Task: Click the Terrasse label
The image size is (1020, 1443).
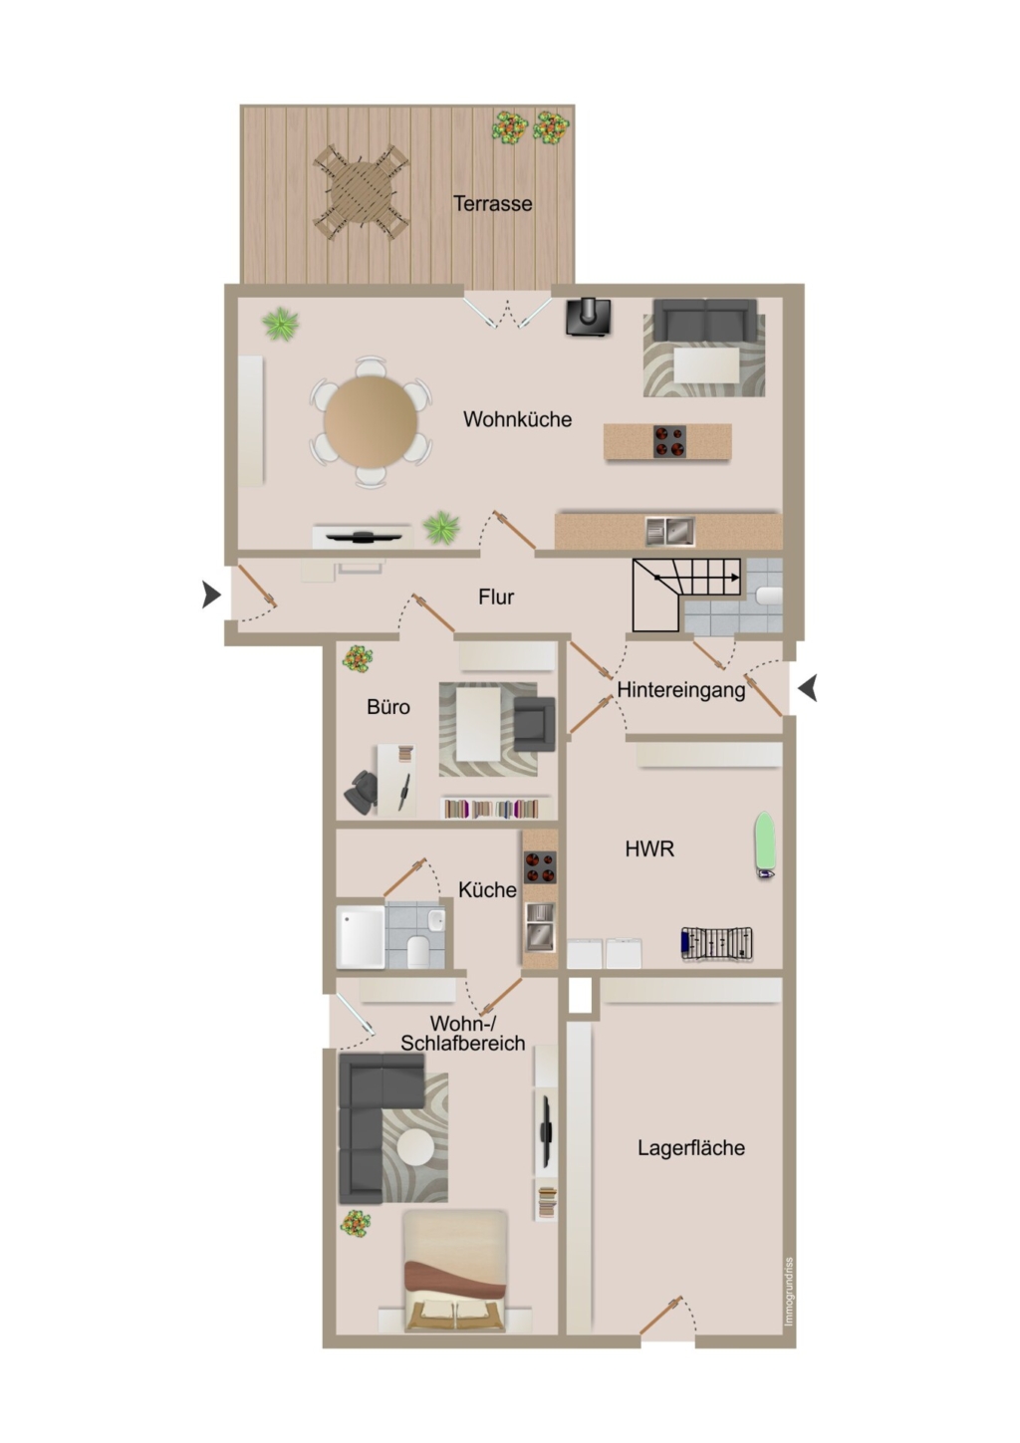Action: point(492,203)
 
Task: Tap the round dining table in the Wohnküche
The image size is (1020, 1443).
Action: point(371,422)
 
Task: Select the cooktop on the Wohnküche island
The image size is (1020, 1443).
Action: point(669,442)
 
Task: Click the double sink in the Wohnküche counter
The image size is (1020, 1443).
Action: point(670,532)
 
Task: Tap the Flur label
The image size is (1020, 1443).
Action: point(495,598)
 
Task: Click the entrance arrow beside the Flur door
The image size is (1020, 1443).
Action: point(211,595)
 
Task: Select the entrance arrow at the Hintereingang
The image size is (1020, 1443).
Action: point(808,688)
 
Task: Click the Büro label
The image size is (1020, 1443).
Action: point(387,707)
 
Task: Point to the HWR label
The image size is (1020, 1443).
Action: point(649,849)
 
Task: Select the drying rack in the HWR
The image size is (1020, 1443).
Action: point(716,945)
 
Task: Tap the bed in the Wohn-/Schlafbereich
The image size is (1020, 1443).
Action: point(455,1269)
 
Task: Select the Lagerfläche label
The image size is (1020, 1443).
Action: point(690,1148)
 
